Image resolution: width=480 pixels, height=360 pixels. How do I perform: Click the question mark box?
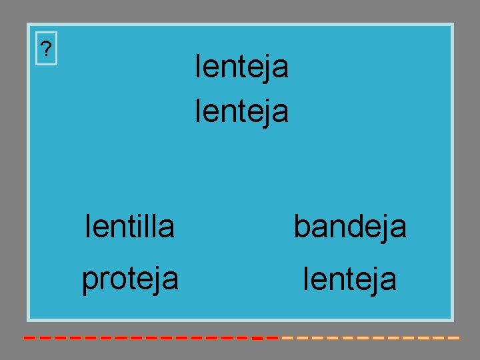pyautogui.click(x=46, y=49)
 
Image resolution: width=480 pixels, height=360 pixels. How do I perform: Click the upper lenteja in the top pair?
pyautogui.click(x=241, y=67)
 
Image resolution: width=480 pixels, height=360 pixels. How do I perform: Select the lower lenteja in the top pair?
pyautogui.click(x=241, y=111)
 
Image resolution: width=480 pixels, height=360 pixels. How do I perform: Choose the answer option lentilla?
pyautogui.click(x=130, y=227)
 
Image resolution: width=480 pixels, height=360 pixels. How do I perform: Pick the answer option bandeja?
pyautogui.click(x=350, y=227)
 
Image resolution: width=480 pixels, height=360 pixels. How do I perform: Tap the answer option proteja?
pyautogui.click(x=130, y=279)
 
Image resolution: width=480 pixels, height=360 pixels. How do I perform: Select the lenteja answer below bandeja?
pyautogui.click(x=350, y=279)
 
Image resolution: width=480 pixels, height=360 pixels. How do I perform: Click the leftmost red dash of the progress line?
pyautogui.click(x=29, y=338)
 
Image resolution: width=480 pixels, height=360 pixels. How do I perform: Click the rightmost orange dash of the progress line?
pyautogui.click(x=454, y=338)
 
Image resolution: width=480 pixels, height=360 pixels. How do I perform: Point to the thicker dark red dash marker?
pyautogui.click(x=257, y=338)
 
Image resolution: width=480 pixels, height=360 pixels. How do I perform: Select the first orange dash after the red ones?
pyautogui.click(x=287, y=338)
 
